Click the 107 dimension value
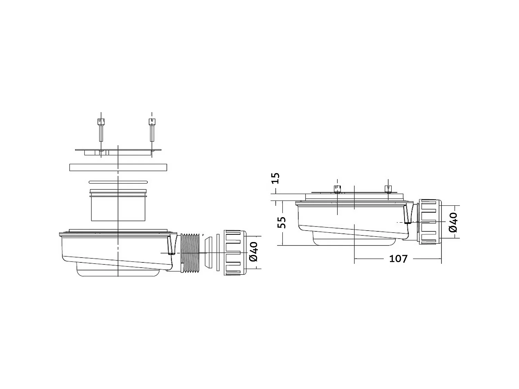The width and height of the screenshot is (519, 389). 398,258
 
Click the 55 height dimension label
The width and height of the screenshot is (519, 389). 282,222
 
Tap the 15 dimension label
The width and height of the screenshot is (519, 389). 276,178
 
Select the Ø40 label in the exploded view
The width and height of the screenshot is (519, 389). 254,252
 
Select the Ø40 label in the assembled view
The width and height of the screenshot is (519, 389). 453,222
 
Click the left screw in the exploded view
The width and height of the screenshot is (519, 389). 100,130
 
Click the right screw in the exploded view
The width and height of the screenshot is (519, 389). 152,130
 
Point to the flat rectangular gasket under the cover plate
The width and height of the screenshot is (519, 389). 118,167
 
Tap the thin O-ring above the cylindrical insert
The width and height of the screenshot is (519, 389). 118,182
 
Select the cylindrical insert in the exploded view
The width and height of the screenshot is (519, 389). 118,207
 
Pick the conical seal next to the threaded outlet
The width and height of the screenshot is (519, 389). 208,252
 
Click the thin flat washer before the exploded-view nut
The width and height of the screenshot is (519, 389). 218,252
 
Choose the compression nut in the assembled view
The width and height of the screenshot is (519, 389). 430,222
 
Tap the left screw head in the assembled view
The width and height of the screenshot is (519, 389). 337,188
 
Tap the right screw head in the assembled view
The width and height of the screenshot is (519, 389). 388,188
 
